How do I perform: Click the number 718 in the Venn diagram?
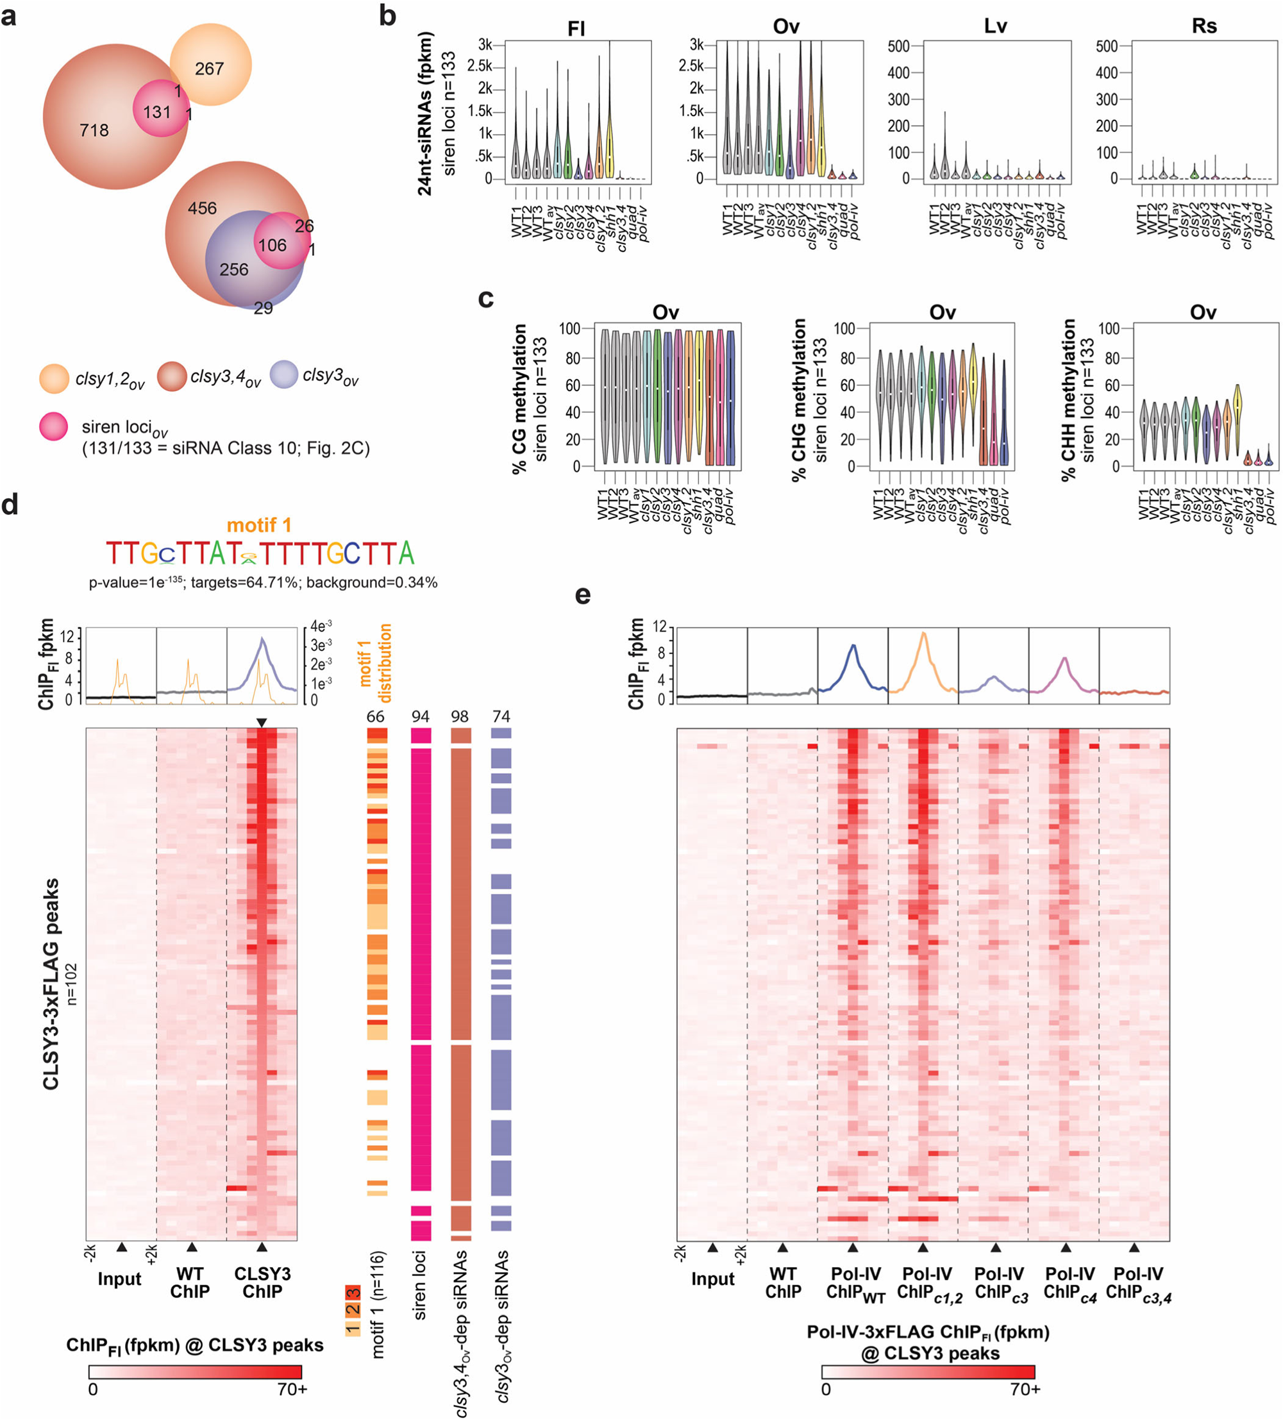(94, 130)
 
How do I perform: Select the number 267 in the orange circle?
(209, 69)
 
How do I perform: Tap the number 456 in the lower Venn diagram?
(202, 208)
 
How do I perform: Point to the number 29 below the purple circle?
(264, 308)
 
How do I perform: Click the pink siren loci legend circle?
(53, 426)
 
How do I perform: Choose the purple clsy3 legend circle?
(283, 375)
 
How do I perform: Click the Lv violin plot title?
(995, 27)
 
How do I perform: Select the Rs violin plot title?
(1204, 27)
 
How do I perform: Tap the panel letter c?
(485, 298)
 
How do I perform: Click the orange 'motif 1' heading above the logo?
(258, 525)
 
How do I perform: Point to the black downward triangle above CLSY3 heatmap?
(262, 723)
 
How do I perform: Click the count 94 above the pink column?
(420, 716)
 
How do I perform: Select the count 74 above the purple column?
(501, 716)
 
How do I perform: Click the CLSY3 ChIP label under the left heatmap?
(262, 1282)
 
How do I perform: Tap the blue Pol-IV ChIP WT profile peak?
(853, 646)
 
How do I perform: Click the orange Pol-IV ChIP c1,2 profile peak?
(923, 634)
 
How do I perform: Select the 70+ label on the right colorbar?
(1025, 1390)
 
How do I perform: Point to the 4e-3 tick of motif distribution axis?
(321, 626)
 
